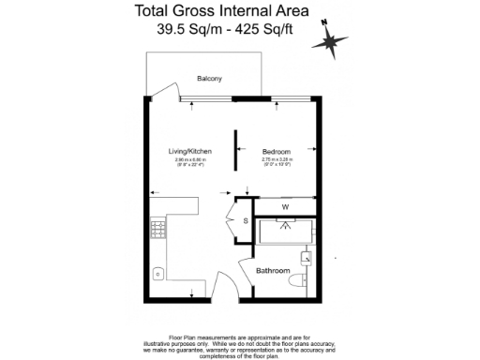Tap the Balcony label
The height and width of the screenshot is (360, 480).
(x=209, y=79)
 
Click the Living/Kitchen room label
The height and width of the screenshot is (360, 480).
(x=189, y=152)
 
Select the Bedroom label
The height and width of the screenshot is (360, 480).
(x=277, y=152)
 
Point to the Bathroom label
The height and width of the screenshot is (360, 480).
(x=272, y=272)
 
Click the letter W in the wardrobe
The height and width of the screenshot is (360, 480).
(x=284, y=206)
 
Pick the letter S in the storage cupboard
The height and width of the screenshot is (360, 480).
(x=246, y=220)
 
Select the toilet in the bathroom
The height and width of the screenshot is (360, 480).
(x=298, y=279)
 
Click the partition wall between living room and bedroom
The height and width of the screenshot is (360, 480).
(x=236, y=150)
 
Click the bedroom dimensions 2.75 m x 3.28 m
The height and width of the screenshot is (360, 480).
(x=277, y=163)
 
